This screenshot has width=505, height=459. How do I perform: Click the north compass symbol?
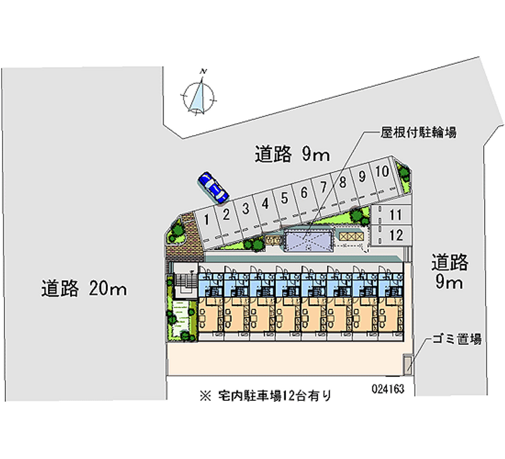click(x=200, y=95)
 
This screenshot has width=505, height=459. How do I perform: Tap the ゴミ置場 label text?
click(x=457, y=339)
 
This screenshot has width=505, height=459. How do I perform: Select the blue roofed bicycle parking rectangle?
click(x=308, y=241)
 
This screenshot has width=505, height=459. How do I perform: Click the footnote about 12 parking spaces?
click(x=265, y=396)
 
